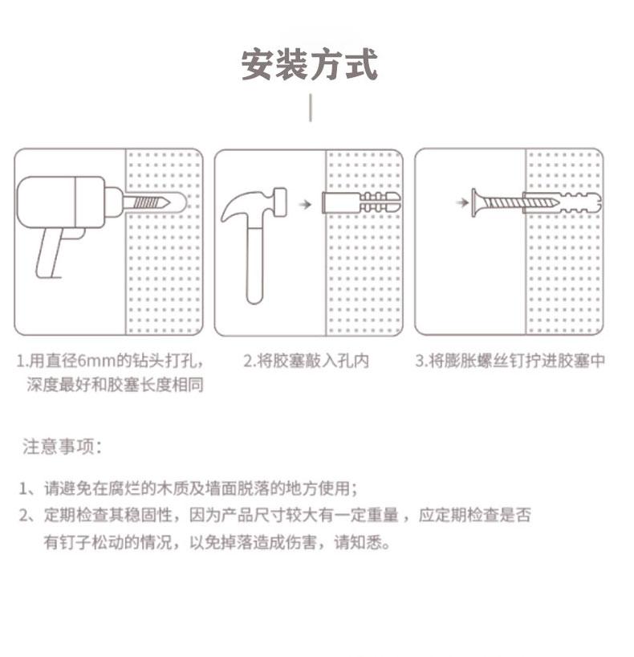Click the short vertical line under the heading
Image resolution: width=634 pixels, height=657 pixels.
(311, 108)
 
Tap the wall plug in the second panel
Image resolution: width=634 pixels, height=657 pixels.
(358, 202)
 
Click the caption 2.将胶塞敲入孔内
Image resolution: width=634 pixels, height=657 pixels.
(306, 361)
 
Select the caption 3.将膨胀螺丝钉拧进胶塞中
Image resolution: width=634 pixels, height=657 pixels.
(509, 361)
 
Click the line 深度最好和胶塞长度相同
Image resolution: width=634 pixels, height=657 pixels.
(115, 386)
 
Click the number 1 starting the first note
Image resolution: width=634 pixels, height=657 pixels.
(24, 488)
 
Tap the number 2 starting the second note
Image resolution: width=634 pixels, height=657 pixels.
(24, 516)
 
